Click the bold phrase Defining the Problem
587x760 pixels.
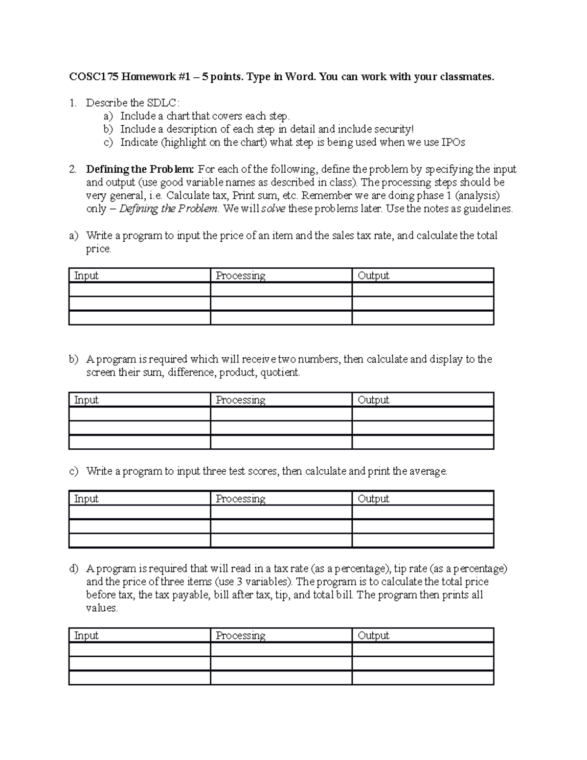click(140, 169)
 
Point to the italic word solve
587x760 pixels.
click(273, 209)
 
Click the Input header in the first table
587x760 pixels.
click(86, 276)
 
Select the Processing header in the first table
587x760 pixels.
click(241, 276)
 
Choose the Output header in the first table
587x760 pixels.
click(373, 276)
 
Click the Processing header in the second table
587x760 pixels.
click(241, 400)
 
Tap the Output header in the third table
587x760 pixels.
click(373, 499)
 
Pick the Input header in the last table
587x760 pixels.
click(86, 635)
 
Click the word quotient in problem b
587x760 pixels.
click(279, 372)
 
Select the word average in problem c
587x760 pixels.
click(427, 471)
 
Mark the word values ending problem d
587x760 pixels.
click(101, 608)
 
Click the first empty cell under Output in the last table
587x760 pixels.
click(423, 649)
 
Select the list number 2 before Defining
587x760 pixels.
click(72, 169)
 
